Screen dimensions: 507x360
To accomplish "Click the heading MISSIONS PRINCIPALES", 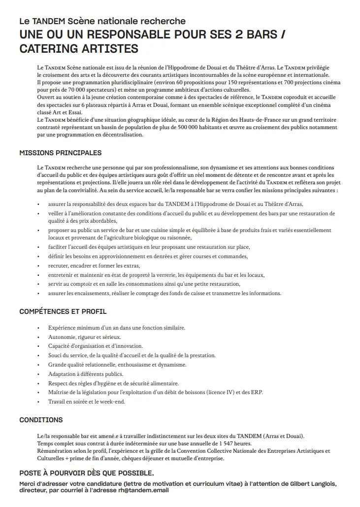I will click(x=60, y=153).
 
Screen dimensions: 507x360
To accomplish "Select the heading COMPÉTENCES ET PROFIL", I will click(x=63, y=311).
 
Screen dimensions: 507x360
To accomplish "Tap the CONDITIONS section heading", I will click(x=41, y=420).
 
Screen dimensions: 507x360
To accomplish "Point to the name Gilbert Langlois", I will click(x=307, y=484).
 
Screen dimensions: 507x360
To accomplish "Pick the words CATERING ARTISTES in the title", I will click(x=79, y=49).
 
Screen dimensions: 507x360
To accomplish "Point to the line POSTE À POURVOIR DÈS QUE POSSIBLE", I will click(x=86, y=473).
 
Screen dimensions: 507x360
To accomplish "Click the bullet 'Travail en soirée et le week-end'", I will click(x=87, y=402).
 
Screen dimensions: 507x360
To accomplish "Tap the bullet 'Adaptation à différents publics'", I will click(x=85, y=374).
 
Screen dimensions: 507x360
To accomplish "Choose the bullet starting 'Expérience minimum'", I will click(x=109, y=328).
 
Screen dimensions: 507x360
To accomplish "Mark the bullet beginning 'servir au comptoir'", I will click(x=144, y=284).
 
